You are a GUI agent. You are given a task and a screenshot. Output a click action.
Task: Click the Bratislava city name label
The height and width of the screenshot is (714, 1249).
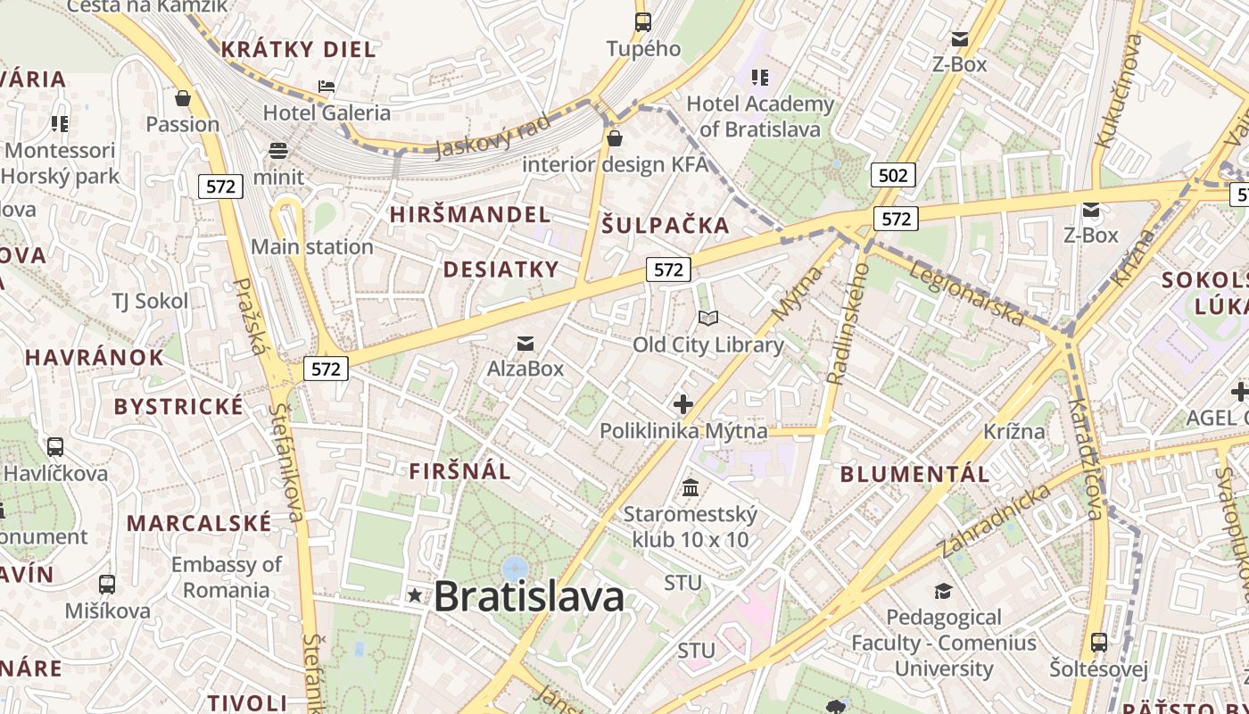tap(529, 596)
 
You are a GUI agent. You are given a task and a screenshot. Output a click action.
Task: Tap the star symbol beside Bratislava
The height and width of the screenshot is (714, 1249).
tap(415, 595)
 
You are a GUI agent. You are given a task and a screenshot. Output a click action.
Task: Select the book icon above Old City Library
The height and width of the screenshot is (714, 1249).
tap(708, 319)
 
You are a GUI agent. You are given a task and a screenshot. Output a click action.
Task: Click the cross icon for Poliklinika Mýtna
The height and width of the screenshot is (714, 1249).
tap(683, 404)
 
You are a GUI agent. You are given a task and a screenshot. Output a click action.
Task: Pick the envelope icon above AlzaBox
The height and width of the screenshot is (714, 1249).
tap(525, 344)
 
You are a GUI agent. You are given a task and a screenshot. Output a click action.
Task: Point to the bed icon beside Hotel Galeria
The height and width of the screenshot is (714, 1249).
tap(327, 87)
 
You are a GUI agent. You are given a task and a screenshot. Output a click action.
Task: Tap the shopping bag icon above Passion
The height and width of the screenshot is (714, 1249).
tap(183, 97)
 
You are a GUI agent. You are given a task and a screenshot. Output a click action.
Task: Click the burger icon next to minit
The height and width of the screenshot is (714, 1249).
tap(278, 151)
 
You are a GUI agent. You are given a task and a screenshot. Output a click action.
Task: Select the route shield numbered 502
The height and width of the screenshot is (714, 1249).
tap(893, 175)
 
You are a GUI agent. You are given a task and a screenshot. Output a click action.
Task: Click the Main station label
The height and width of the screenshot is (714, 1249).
tap(312, 246)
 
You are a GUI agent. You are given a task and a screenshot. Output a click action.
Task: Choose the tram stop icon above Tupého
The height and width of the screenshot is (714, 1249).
tap(643, 22)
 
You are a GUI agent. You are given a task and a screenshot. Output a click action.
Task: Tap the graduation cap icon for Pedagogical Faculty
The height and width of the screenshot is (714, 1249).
tap(943, 591)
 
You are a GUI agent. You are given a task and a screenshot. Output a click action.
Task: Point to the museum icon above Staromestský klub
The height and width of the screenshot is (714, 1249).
tap(691, 488)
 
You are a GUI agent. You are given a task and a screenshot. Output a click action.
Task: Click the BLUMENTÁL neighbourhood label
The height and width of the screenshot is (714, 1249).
tap(915, 474)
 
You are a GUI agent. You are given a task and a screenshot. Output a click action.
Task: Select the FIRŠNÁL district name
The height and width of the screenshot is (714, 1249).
tap(460, 471)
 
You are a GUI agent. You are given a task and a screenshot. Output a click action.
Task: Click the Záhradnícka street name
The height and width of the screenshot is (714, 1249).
tap(991, 522)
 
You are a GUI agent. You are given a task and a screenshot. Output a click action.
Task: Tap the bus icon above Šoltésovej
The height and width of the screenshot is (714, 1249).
tap(1099, 643)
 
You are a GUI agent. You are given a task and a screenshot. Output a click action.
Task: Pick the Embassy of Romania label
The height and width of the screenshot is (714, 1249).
tap(226, 577)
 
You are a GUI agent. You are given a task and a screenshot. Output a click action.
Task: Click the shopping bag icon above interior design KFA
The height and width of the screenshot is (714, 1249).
tap(615, 138)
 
